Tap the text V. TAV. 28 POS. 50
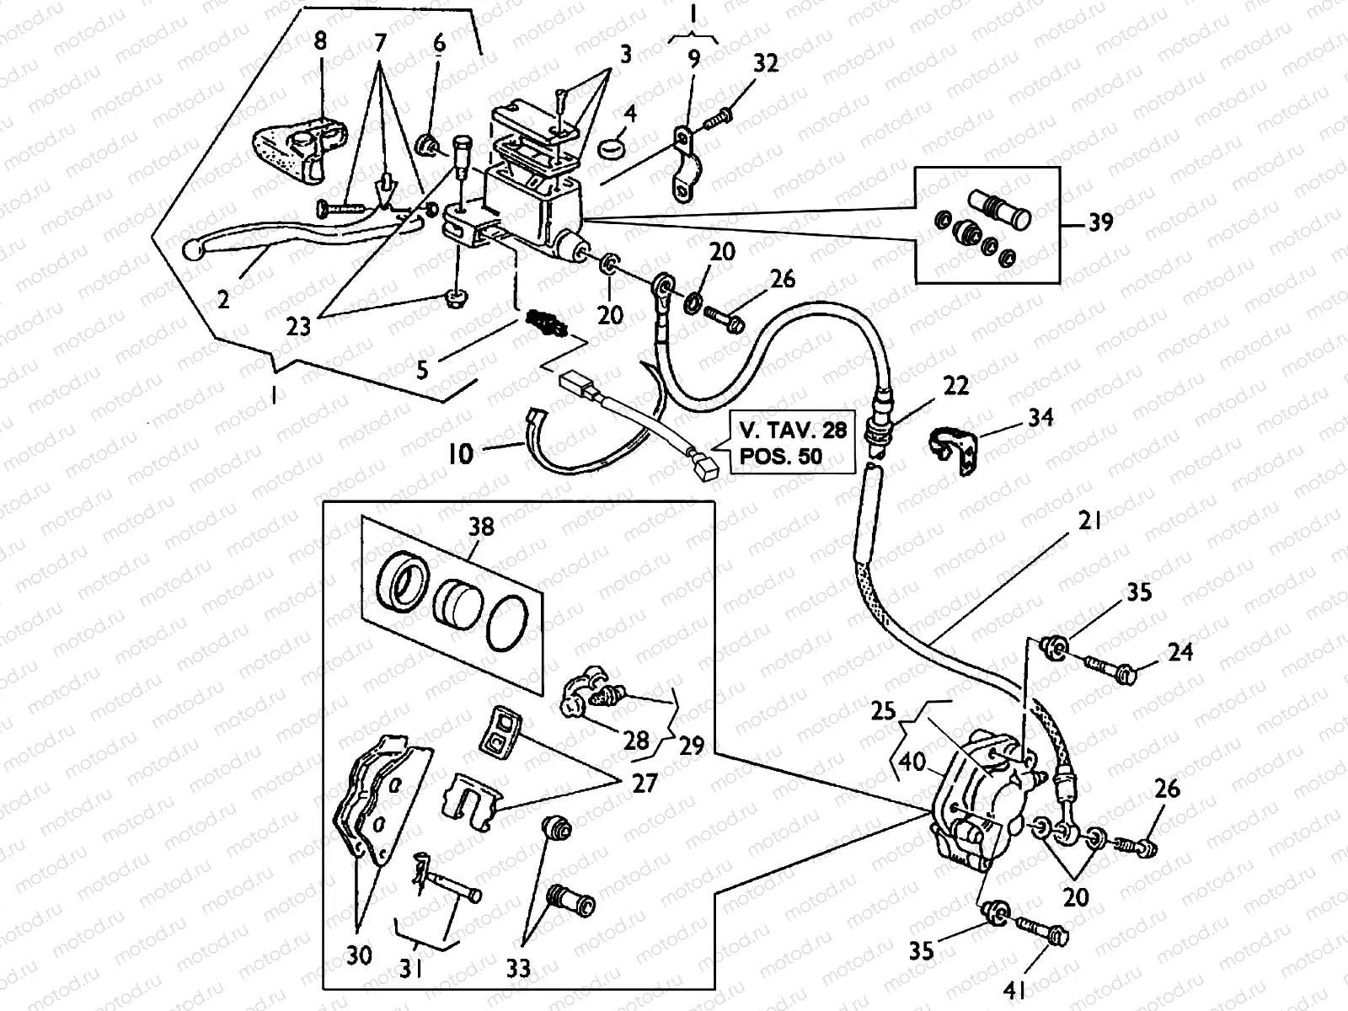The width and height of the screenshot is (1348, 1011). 792,444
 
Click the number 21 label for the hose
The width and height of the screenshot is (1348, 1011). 1089,522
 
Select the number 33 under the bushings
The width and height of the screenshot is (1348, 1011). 519,969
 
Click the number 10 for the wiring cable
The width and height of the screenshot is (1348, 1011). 460,454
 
